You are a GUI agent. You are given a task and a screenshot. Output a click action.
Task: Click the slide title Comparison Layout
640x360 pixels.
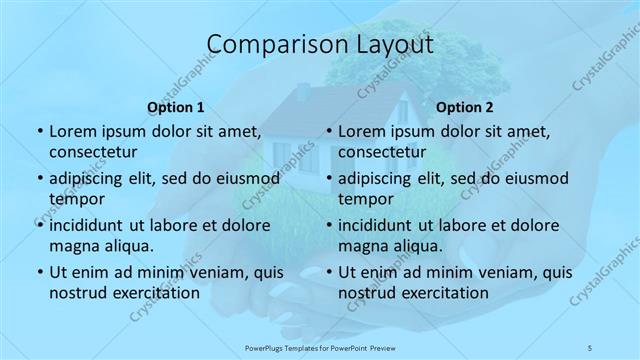pos(320,45)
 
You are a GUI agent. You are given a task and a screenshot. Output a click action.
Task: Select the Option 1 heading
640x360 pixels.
pos(176,107)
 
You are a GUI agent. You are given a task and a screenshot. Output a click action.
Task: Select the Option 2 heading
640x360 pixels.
pos(465,107)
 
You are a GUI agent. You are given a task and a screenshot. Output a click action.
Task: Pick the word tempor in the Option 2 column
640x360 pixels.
pos(367,199)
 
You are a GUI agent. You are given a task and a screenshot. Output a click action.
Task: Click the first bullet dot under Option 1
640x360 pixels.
pos(38,132)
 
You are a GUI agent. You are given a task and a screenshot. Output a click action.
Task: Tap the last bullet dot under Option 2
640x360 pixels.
pos(327,273)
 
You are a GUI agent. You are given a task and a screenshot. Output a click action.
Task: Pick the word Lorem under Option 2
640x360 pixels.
pos(362,132)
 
